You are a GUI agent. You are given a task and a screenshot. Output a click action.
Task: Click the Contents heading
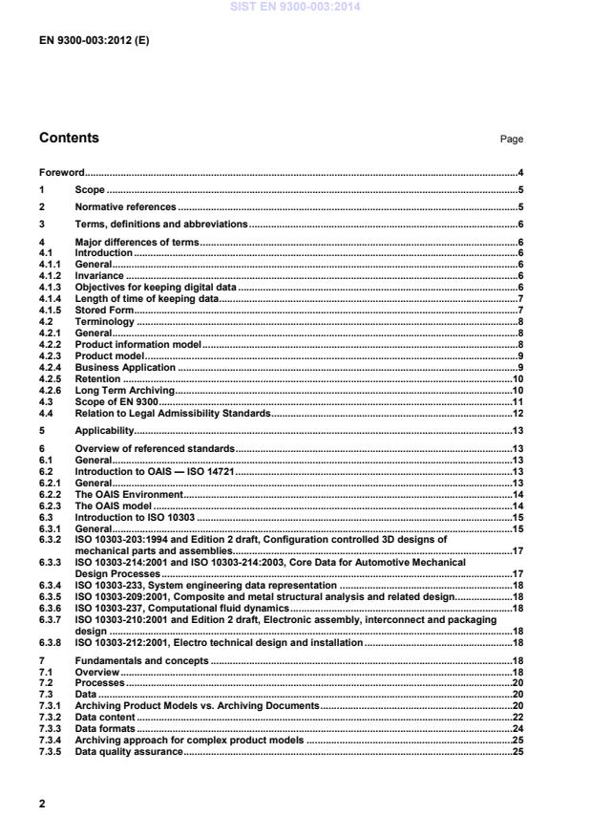coord(69,139)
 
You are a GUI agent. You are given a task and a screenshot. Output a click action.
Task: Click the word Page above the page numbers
coord(512,140)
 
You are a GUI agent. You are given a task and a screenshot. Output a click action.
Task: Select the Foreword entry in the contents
coord(61,174)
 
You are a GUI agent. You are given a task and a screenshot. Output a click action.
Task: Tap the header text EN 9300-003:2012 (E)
coord(94,42)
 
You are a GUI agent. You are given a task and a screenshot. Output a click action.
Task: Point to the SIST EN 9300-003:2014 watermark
coord(295,7)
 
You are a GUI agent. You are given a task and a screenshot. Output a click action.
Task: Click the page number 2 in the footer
coord(42,805)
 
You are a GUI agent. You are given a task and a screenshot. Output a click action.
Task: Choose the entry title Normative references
coord(125,206)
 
